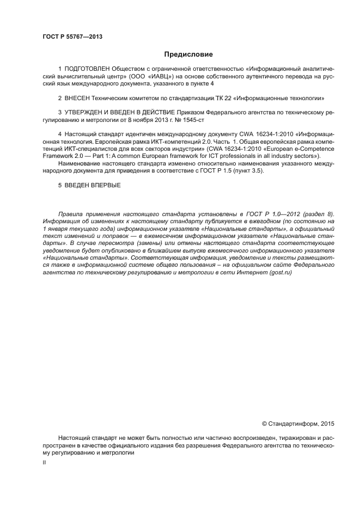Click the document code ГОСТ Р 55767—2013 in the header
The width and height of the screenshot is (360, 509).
(x=72, y=37)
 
